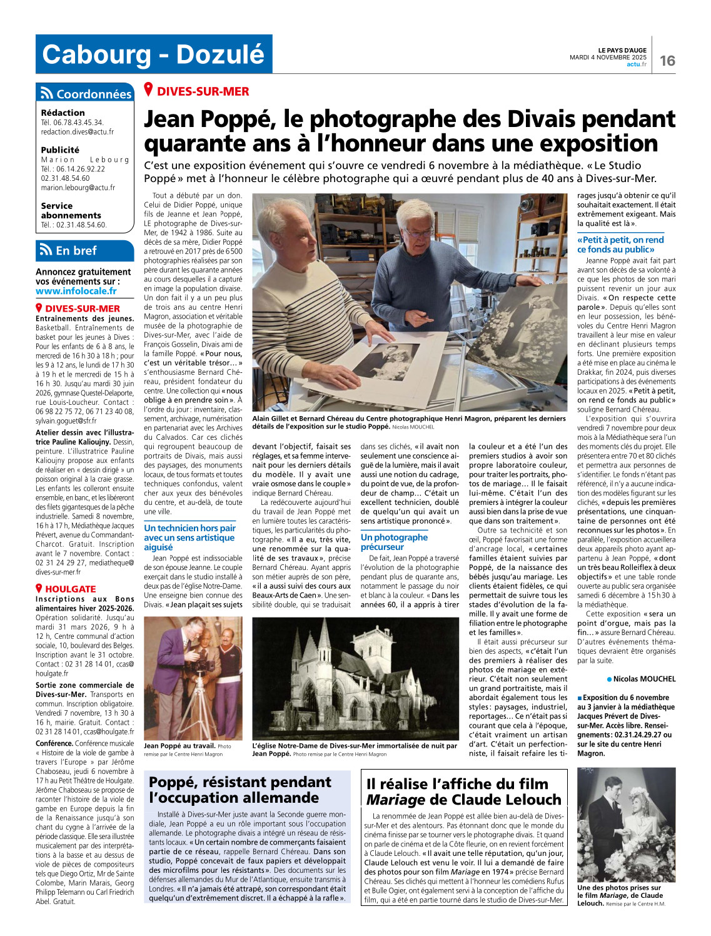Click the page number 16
click(667, 60)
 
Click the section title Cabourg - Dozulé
click(153, 54)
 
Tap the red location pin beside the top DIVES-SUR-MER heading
click(149, 90)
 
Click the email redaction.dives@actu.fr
click(78, 132)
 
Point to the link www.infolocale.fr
click(76, 291)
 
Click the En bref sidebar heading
click(76, 250)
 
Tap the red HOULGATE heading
click(70, 589)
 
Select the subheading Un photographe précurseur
click(394, 542)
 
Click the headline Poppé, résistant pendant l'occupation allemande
click(240, 790)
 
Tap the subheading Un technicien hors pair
click(189, 528)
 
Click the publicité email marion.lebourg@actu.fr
click(78, 188)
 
